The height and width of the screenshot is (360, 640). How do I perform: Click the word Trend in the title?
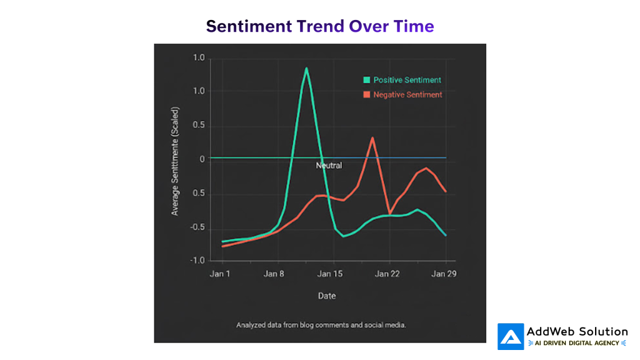[320, 26]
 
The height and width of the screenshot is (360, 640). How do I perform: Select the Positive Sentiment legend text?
[407, 80]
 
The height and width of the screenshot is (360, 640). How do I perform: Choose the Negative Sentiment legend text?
[407, 95]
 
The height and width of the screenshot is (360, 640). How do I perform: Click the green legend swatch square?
[367, 80]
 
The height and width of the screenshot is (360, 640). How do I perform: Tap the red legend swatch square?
[367, 95]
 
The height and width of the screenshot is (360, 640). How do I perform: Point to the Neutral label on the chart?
[329, 166]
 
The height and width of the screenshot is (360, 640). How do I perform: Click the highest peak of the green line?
[306, 68]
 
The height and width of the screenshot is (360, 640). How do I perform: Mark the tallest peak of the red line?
[372, 138]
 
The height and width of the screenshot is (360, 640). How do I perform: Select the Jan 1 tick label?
[220, 274]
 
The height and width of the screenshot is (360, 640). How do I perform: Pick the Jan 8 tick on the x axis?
[274, 274]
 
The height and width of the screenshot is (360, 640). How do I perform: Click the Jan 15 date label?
[329, 274]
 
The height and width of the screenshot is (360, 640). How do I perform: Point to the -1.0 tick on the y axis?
[197, 261]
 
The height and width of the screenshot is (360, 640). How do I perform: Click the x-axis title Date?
[326, 296]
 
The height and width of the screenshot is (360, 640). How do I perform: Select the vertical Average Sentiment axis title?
[175, 169]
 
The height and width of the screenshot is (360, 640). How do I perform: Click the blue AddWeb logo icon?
[511, 336]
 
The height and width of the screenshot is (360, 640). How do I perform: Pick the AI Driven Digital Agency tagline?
[576, 343]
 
